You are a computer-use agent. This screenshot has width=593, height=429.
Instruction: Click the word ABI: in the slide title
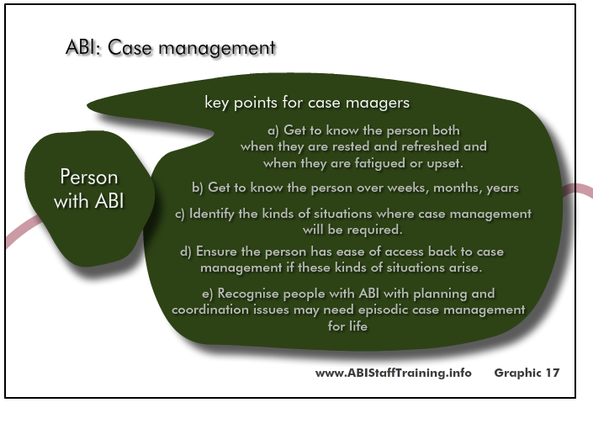pos(83,48)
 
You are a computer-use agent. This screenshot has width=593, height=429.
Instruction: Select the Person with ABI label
pos(89,188)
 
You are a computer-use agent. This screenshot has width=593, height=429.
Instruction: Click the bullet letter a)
pos(273,130)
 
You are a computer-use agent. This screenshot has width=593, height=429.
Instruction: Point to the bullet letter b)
pos(198,188)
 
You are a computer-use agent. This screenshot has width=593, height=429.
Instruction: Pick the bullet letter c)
pos(180,214)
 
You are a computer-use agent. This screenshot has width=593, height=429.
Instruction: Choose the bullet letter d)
pos(186,252)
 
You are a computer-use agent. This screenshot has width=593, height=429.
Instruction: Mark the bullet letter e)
pos(208,294)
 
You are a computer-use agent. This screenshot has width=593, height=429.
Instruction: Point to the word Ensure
pos(217,252)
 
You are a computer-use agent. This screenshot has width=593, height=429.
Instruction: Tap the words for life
pos(347,326)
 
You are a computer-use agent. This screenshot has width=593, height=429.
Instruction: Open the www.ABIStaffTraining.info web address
pos(394,373)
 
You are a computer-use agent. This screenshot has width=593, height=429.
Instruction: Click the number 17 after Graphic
pos(552,373)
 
